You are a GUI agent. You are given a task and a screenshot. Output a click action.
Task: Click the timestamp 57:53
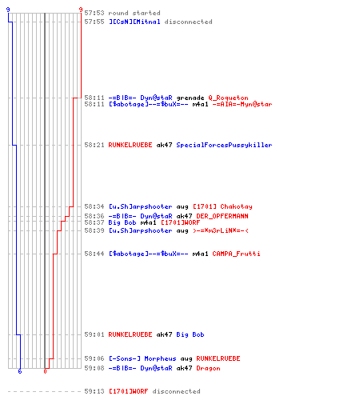click(x=94, y=13)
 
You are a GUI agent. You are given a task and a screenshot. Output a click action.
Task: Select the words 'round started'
click(x=134, y=13)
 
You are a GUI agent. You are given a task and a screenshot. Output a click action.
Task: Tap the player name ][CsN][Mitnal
click(x=134, y=22)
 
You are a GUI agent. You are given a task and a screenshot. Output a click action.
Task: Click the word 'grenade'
click(x=190, y=98)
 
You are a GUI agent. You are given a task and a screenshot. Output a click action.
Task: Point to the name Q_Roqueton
click(x=228, y=98)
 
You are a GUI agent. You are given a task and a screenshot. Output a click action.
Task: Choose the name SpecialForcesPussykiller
click(x=224, y=145)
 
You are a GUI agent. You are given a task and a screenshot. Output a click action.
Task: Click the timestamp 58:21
click(x=94, y=145)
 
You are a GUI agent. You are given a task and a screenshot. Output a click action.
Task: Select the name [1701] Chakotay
click(x=222, y=206)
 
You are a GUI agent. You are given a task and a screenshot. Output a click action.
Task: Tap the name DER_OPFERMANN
click(x=222, y=216)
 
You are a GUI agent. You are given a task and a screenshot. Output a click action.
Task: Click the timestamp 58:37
click(x=94, y=222)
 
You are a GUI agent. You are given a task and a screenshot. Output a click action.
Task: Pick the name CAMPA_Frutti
click(x=236, y=254)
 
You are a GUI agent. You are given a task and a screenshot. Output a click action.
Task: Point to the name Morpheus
click(x=160, y=358)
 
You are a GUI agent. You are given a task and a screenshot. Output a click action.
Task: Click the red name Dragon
click(x=208, y=368)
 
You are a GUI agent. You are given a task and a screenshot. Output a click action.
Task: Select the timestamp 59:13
click(x=94, y=391)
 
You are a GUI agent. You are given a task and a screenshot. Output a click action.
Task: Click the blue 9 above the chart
click(x=8, y=10)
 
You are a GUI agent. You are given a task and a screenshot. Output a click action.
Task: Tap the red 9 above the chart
click(x=81, y=10)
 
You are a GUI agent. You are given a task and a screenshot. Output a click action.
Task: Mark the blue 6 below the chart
click(x=20, y=371)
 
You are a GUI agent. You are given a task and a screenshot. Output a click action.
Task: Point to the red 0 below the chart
click(x=45, y=371)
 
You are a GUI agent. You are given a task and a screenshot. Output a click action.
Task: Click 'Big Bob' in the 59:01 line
click(x=190, y=334)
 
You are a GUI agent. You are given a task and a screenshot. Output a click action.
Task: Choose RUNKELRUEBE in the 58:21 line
click(x=130, y=145)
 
